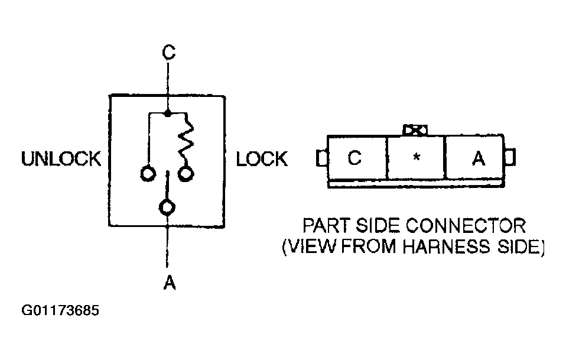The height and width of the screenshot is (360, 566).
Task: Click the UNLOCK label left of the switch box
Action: pyautogui.click(x=61, y=159)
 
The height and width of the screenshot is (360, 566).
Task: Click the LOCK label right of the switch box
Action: pyautogui.click(x=262, y=159)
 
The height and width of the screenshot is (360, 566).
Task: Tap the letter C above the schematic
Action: pyautogui.click(x=168, y=53)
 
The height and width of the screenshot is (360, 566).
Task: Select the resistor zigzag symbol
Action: pyautogui.click(x=186, y=142)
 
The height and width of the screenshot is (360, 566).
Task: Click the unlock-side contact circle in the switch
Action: pyautogui.click(x=148, y=174)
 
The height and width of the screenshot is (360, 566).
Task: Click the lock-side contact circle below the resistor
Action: pyautogui.click(x=186, y=174)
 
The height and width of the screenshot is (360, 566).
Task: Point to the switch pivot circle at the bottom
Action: pyautogui.click(x=167, y=207)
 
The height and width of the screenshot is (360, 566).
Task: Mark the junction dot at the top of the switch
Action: pyautogui.click(x=167, y=113)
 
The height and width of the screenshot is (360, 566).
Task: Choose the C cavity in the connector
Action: pyautogui.click(x=357, y=157)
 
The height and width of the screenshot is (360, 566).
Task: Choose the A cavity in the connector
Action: pyautogui.click(x=475, y=157)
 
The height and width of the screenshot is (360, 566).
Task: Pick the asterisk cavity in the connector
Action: pyautogui.click(x=417, y=157)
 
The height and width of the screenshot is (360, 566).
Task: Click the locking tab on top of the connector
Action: pyautogui.click(x=415, y=130)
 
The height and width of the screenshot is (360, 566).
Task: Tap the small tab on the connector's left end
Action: pyautogui.click(x=322, y=158)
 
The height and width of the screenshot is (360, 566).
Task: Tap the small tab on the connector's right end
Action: pyautogui.click(x=509, y=157)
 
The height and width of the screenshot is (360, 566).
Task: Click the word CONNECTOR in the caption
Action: pyautogui.click(x=466, y=226)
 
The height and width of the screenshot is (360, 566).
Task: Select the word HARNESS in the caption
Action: pyautogui.click(x=447, y=247)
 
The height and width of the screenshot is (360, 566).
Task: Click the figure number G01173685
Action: pyautogui.click(x=60, y=310)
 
